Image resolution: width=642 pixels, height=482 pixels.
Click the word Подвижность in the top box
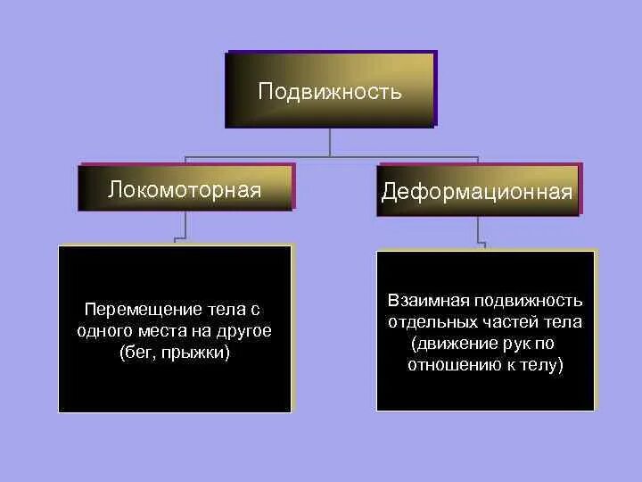click(x=330, y=92)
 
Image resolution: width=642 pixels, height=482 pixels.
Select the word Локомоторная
click(x=185, y=189)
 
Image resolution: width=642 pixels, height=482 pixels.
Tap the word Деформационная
click(x=477, y=193)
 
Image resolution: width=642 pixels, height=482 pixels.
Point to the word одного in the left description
click(x=103, y=331)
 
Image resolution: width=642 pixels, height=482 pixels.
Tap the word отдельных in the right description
click(x=426, y=321)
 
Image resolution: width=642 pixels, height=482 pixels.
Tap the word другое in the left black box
click(x=243, y=331)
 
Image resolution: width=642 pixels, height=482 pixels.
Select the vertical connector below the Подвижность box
click(x=331, y=143)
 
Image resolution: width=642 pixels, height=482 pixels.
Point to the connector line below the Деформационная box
click(x=479, y=229)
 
